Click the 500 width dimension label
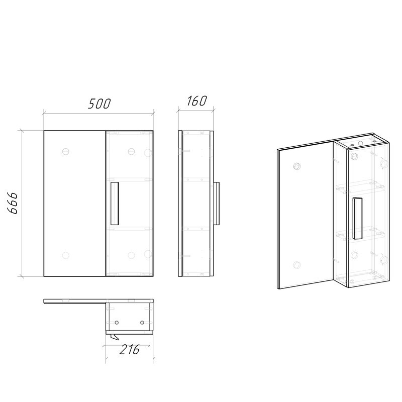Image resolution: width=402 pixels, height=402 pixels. pos(99,104)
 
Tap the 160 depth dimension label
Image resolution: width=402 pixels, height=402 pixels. pos(196,101)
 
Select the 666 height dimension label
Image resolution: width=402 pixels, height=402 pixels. pos(13,203)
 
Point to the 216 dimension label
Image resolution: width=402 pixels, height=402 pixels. pos(130,349)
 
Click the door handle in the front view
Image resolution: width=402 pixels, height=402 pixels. pos(115,204)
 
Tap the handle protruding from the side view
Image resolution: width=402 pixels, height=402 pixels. pos(217,204)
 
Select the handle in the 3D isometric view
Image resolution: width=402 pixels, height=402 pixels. pos(357,219)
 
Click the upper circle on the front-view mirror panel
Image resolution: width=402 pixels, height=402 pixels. pos(66,152)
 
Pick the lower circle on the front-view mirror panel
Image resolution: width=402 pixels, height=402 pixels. pos(66,255)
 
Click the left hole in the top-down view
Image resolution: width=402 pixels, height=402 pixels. pos(117,322)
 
